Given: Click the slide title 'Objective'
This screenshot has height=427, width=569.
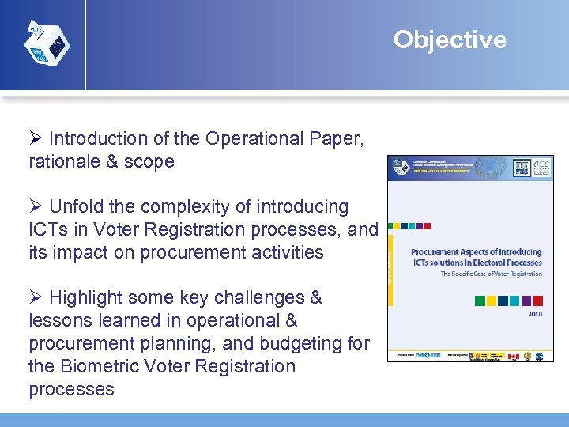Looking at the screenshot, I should pyautogui.click(x=450, y=40).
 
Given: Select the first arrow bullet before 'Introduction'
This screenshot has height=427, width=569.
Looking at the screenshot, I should pyautogui.click(x=36, y=139).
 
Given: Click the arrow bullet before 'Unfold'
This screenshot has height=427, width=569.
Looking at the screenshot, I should pyautogui.click(x=36, y=207).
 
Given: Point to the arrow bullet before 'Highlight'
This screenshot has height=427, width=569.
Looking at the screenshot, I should pyautogui.click(x=36, y=298).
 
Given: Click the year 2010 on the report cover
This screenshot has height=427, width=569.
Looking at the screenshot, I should pyautogui.click(x=533, y=314).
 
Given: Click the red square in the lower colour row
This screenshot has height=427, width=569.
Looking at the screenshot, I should pyautogui.click(x=537, y=300).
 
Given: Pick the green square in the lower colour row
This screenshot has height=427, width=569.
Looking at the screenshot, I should pyautogui.click(x=480, y=300).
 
